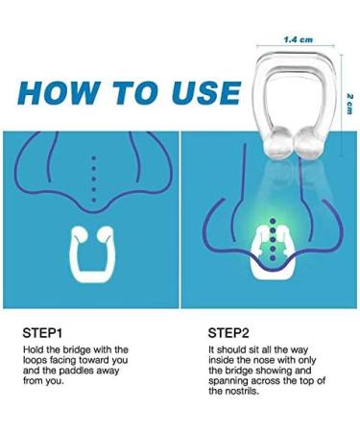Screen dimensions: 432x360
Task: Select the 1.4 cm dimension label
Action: [298, 40]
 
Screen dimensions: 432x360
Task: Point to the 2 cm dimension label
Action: [351, 100]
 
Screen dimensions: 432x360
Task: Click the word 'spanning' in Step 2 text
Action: [230, 383]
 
